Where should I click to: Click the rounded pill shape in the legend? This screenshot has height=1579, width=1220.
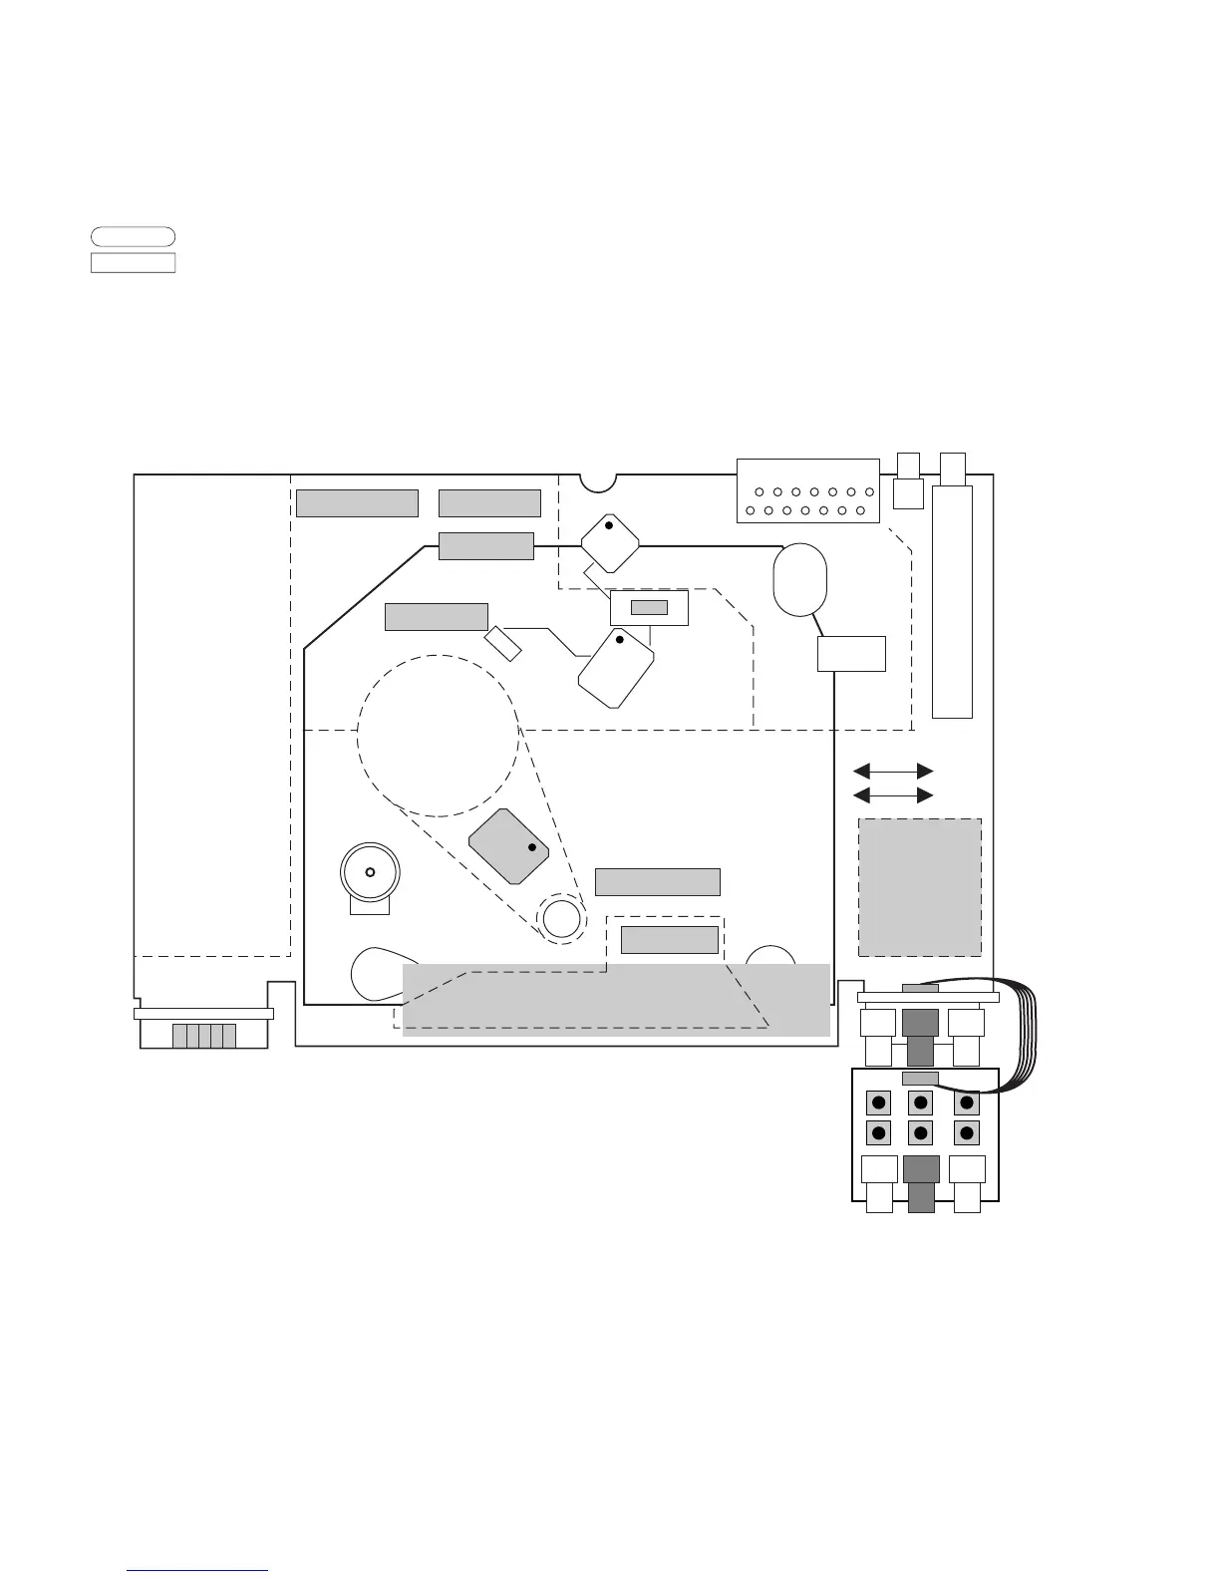click(133, 236)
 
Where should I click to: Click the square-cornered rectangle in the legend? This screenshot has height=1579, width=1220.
click(133, 262)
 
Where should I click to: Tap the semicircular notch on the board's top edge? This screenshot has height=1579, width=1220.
click(598, 481)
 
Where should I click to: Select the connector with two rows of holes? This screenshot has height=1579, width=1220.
click(808, 490)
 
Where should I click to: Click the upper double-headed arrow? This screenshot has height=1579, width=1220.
click(894, 771)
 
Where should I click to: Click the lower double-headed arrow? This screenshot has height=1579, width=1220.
click(894, 794)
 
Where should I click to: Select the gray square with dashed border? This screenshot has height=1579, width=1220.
click(920, 887)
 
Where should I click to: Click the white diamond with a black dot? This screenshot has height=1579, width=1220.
click(610, 542)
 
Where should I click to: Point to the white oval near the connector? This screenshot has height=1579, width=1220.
click(799, 580)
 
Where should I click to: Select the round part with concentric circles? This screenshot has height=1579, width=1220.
click(370, 872)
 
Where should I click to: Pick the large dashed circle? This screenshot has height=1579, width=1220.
click(439, 735)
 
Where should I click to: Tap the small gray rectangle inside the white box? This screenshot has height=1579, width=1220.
click(649, 608)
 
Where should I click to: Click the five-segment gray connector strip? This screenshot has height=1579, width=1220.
click(203, 1036)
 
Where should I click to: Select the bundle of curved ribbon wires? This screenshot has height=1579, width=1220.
click(1028, 1037)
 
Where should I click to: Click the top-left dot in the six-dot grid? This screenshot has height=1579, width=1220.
click(878, 1104)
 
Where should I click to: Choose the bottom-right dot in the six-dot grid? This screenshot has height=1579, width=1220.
click(966, 1132)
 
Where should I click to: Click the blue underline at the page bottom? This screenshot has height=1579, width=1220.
click(198, 1570)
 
